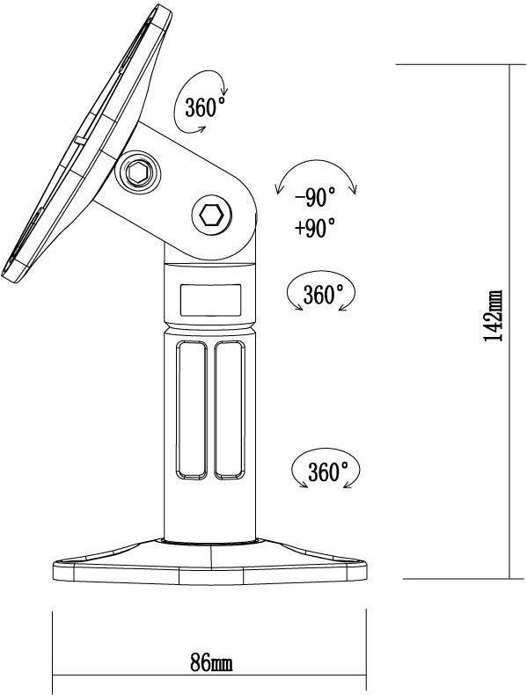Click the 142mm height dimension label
coord(493,316)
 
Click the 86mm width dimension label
coord(211,651)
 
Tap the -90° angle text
coord(315,198)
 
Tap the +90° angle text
coord(315,227)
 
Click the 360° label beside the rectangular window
coord(323,294)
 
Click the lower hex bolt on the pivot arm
coord(211,216)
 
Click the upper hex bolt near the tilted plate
coord(137,172)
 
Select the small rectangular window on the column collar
coord(210,300)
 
